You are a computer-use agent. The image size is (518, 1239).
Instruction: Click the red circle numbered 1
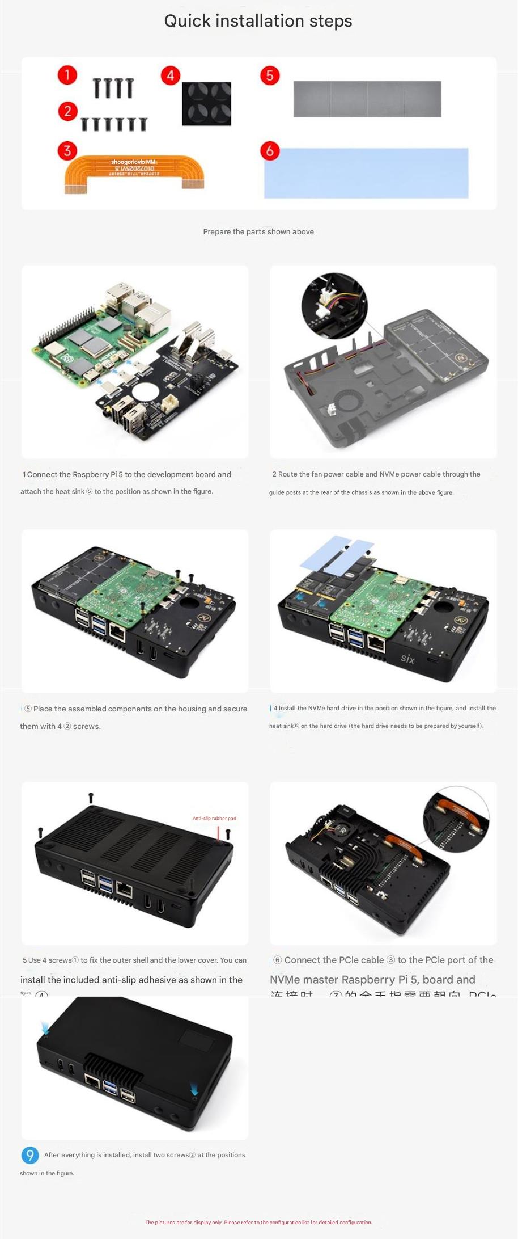[67, 75]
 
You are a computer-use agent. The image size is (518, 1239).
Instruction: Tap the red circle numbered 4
[170, 75]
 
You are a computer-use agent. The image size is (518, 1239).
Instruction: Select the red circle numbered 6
[270, 150]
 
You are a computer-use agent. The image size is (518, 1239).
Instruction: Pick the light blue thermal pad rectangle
[366, 173]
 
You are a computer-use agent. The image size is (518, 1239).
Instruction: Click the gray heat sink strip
[367, 99]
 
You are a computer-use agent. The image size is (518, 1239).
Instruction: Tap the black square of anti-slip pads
[206, 103]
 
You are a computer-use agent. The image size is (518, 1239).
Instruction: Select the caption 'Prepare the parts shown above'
[258, 231]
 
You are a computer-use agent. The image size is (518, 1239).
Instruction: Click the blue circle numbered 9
[30, 1155]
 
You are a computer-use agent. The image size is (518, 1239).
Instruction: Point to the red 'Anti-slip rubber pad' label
[214, 818]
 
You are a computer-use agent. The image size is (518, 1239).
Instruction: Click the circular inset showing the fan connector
[334, 307]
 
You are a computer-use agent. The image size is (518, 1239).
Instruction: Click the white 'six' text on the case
[407, 658]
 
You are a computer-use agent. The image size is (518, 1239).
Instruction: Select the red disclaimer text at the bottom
[258, 1222]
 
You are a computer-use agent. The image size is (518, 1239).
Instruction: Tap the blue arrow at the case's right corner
[194, 1091]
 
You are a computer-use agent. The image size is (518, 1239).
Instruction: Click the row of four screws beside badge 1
[113, 88]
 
